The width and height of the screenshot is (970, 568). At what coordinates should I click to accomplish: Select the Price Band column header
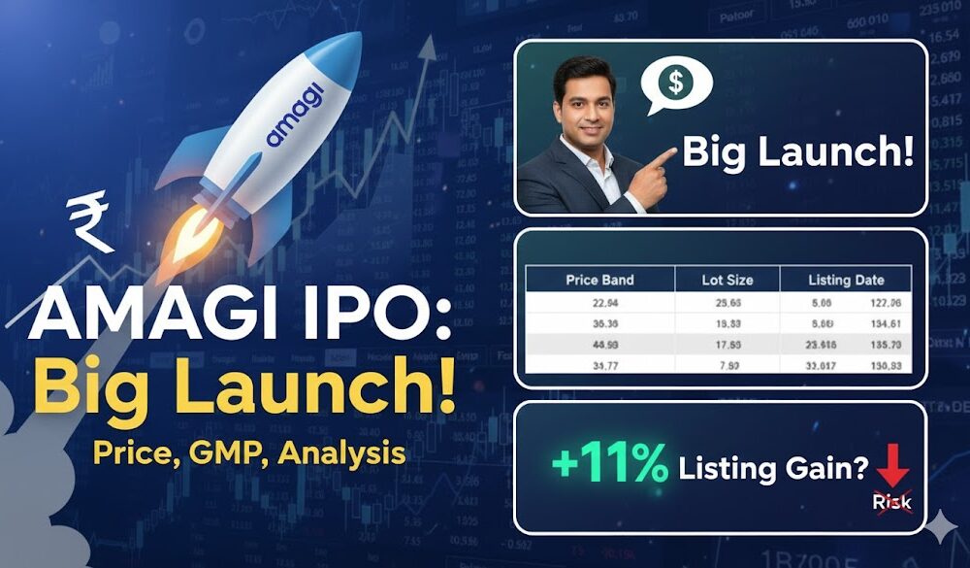coord(599,280)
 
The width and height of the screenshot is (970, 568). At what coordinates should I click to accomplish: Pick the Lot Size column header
coord(727,280)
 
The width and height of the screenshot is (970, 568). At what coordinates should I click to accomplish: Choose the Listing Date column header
coord(846,280)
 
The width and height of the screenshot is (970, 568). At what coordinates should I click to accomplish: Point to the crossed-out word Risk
coord(891,501)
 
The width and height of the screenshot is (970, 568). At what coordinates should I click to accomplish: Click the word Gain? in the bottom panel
coord(824,468)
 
